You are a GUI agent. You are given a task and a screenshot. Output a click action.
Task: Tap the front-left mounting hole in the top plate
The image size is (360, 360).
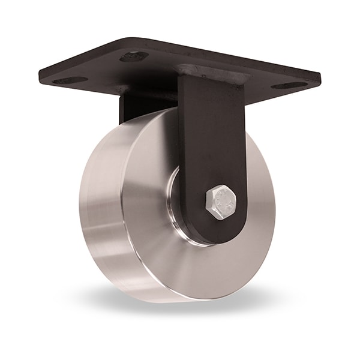69,80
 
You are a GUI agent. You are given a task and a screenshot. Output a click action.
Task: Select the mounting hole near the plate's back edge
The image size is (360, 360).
134,56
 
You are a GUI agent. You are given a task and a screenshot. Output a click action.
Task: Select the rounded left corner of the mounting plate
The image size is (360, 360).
43,75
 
